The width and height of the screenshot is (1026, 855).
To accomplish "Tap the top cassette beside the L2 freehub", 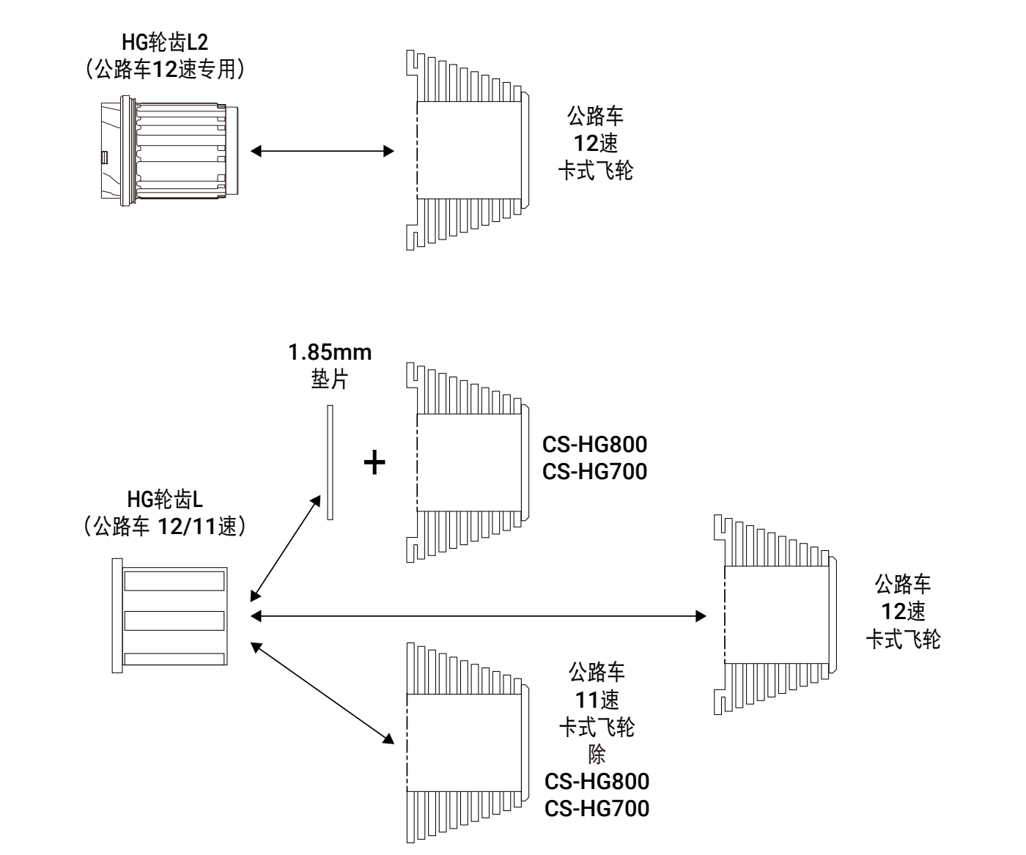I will pyautogui.click(x=466, y=149).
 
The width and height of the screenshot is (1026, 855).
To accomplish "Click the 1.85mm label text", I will pyautogui.click(x=329, y=352).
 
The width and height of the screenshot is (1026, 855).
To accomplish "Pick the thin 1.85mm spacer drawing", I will pyautogui.click(x=330, y=462).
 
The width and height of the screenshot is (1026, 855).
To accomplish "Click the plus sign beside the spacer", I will pyautogui.click(x=374, y=463).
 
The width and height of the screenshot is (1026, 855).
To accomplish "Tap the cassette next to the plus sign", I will pyautogui.click(x=466, y=462).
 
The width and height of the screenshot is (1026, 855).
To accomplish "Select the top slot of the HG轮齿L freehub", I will pyautogui.click(x=174, y=581).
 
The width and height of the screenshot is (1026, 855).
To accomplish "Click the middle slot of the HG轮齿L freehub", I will pyautogui.click(x=174, y=621).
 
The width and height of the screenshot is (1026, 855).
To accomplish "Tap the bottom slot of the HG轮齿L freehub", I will pyautogui.click(x=174, y=659).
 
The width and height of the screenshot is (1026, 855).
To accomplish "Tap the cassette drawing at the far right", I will pyautogui.click(x=774, y=615).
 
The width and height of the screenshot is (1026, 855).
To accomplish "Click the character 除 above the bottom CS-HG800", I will pyautogui.click(x=597, y=755).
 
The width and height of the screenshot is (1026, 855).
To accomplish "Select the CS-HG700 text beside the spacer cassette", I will pyautogui.click(x=595, y=471).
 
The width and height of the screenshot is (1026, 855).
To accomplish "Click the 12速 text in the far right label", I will pyautogui.click(x=904, y=611).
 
